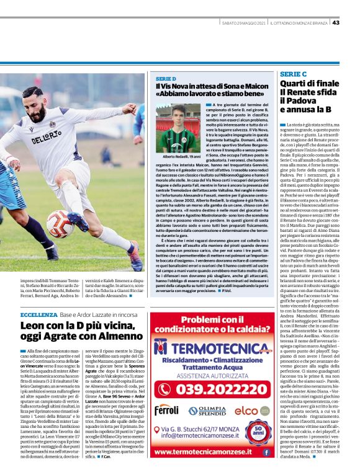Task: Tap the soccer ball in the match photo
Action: tap(60, 223)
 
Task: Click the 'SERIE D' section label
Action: tap(166, 79)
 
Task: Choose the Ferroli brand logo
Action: tap(166, 410)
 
